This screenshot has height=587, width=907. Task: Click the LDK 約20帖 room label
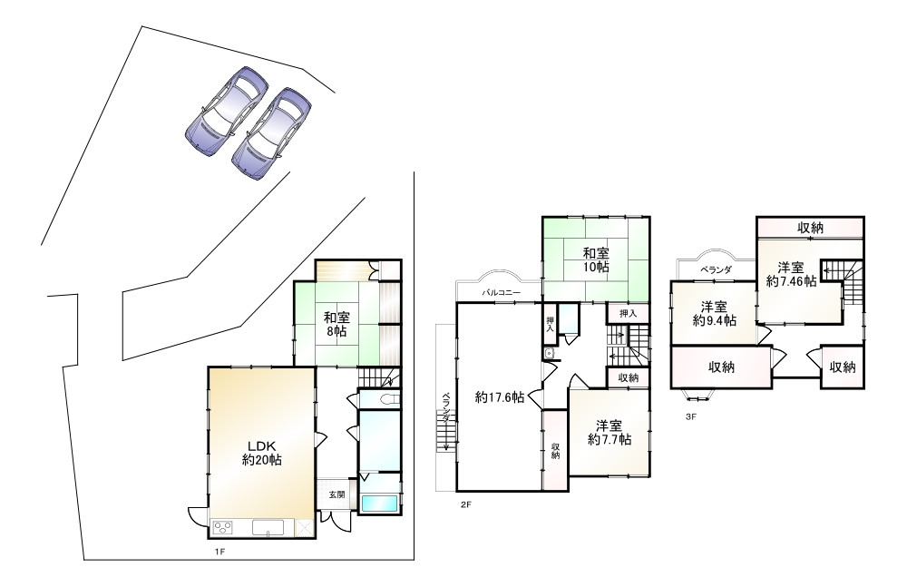tap(262, 454)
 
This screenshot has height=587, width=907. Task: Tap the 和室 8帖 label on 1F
tap(336, 325)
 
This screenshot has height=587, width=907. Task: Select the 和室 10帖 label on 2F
tap(596, 259)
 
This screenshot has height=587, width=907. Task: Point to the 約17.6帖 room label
tap(500, 397)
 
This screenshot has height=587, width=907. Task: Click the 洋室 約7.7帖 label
tap(610, 433)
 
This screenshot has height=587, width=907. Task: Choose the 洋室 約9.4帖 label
tap(715, 313)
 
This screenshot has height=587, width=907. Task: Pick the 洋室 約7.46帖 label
tap(791, 274)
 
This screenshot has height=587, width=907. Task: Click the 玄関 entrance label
tap(337, 495)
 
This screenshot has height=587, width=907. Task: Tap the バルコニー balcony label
tap(502, 293)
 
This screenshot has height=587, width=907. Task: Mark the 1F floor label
tap(219, 552)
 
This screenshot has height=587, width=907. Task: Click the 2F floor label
tap(466, 504)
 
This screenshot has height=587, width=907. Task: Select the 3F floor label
tap(690, 416)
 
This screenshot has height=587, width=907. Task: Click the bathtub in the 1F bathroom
tap(379, 504)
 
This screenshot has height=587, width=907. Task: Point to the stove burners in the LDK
tap(223, 527)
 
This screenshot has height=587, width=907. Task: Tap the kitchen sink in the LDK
tap(268, 527)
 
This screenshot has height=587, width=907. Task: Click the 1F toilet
tap(389, 399)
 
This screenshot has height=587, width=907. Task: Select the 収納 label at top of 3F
tap(810, 228)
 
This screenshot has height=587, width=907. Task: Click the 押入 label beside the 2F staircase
tap(629, 314)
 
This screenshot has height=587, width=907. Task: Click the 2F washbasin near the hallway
tap(549, 354)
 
